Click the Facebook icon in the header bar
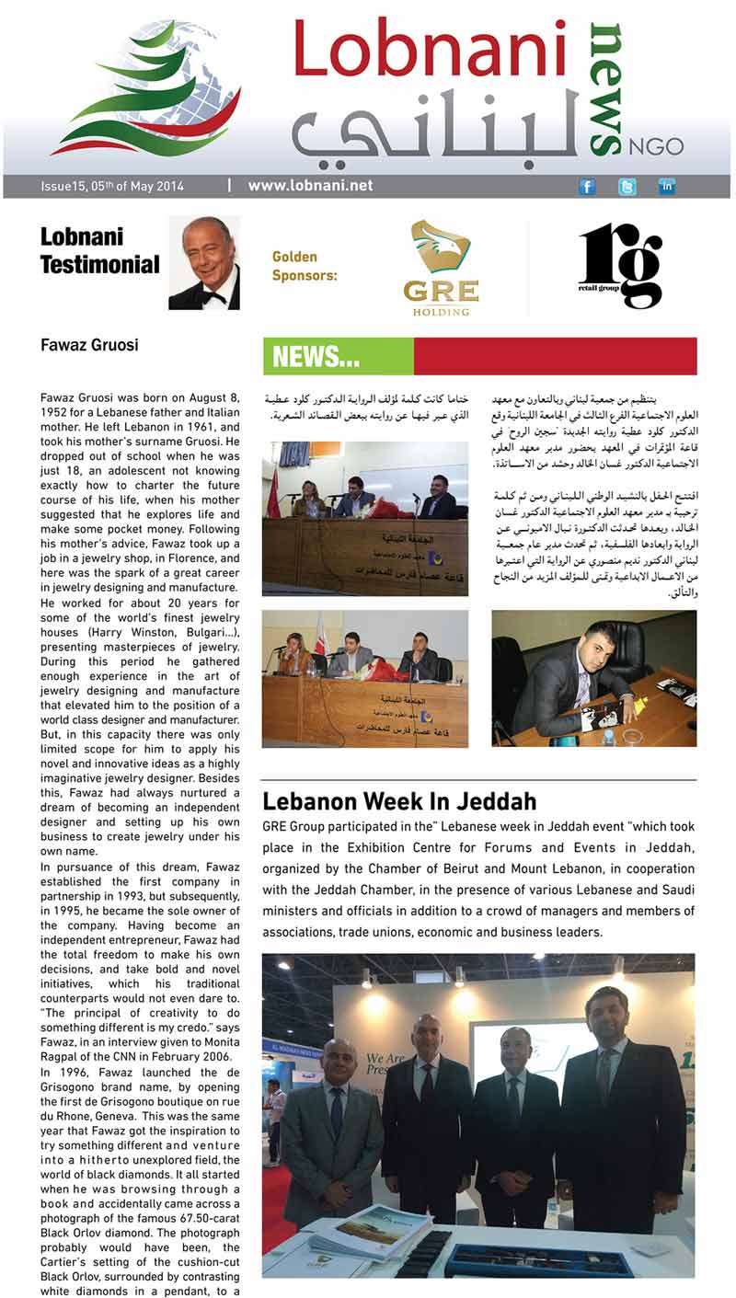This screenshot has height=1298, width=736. click(587, 187)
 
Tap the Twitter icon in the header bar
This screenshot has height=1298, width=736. click(627, 187)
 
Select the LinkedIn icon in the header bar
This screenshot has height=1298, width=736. click(667, 187)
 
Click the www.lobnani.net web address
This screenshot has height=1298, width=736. click(310, 186)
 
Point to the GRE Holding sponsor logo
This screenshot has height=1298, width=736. click(441, 268)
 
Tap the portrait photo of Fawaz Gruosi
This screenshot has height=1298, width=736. click(204, 263)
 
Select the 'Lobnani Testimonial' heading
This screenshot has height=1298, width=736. click(99, 251)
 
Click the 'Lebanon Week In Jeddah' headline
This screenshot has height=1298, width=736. click(399, 799)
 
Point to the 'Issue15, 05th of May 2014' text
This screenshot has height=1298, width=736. click(112, 187)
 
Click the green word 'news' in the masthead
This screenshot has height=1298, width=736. click(604, 87)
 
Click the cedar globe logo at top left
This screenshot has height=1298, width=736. click(145, 90)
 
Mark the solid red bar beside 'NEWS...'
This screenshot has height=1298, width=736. click(555, 357)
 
